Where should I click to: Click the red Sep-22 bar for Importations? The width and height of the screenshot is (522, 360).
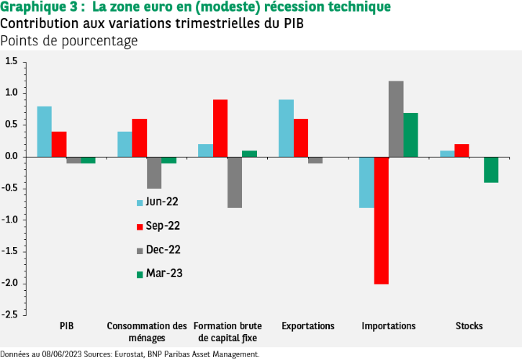tap(381, 220)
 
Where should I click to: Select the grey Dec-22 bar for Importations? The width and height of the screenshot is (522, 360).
tap(396, 119)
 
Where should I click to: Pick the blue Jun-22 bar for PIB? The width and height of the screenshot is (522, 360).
tap(45, 132)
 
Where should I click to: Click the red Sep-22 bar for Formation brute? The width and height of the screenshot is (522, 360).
tap(220, 128)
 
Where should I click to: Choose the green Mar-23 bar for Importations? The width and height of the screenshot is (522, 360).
tap(410, 135)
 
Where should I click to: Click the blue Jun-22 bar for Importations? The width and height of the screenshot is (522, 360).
tap(366, 182)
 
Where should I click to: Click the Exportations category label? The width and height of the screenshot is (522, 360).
tap(308, 326)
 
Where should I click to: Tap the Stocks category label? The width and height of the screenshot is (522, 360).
tap(469, 326)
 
